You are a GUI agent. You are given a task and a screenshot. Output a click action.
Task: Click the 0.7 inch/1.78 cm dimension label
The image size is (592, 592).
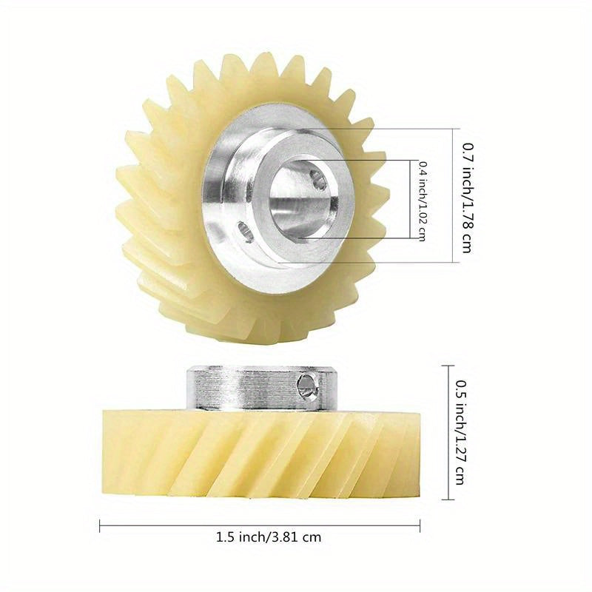[466, 198]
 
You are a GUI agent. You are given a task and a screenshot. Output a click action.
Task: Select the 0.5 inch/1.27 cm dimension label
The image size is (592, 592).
[460, 432]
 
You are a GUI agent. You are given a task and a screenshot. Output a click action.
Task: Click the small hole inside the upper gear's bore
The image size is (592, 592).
[318, 178]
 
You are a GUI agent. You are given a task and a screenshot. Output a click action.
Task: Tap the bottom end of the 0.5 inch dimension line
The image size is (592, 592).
[451, 499]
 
